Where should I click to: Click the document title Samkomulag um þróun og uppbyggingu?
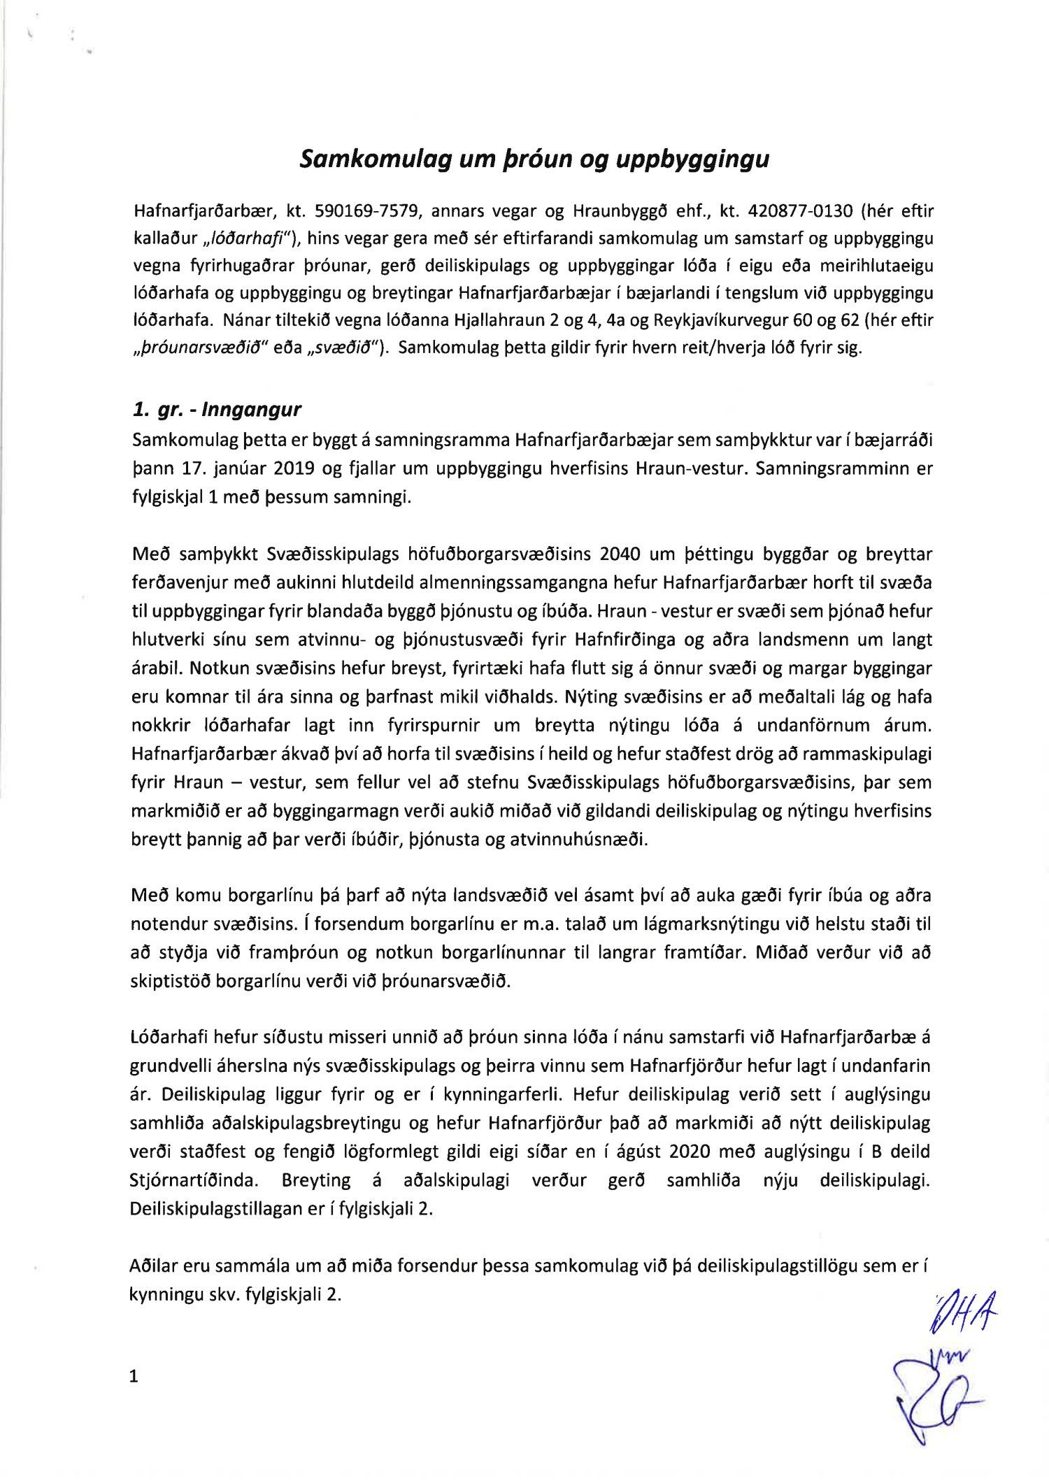[534, 159]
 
